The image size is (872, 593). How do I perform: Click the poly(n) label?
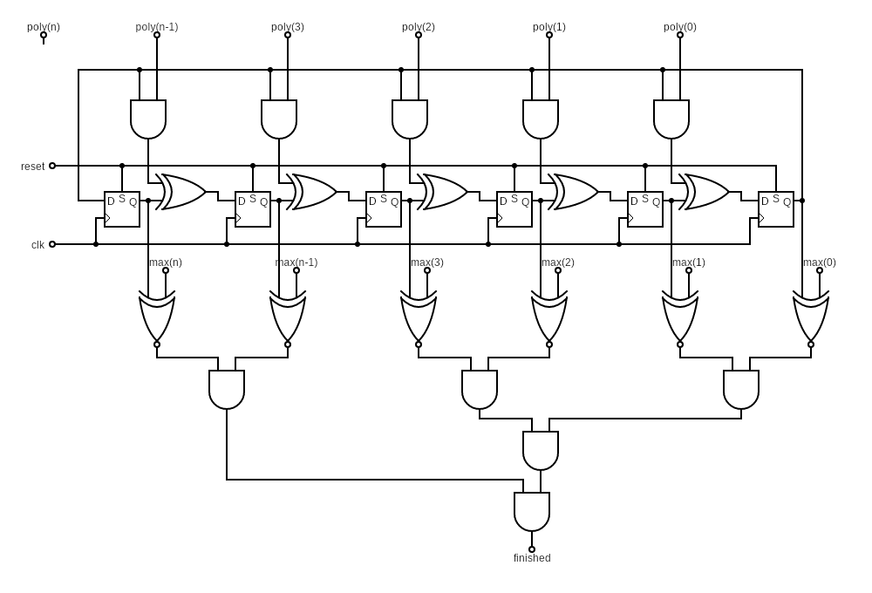coord(44,27)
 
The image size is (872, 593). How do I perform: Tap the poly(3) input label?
coord(288,27)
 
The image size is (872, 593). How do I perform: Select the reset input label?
coord(33,166)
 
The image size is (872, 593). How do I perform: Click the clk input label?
coord(37,245)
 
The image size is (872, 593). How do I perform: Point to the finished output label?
coord(532,558)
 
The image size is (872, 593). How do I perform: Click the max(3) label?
coord(427,262)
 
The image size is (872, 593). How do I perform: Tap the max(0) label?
coord(820,262)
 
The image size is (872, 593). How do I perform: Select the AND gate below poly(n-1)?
coord(148,119)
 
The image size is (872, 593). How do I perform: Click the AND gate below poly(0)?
coord(671,119)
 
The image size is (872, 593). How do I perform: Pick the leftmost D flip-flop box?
coord(122,209)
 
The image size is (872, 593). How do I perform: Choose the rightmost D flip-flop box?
coord(776,209)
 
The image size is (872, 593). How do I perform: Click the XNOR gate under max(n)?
coord(157,317)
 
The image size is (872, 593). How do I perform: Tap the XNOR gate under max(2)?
coord(549,317)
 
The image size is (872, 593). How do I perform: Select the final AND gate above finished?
coord(532,511)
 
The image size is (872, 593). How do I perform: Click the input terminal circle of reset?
coord(52,166)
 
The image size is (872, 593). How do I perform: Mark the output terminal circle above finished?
coord(532,549)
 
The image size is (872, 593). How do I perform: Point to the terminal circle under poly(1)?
coord(549,35)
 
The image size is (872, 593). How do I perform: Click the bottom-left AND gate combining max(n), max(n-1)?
coord(227,389)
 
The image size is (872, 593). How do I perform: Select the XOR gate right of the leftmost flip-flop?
coord(181,192)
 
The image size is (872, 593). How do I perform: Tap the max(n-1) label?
coord(296,262)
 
